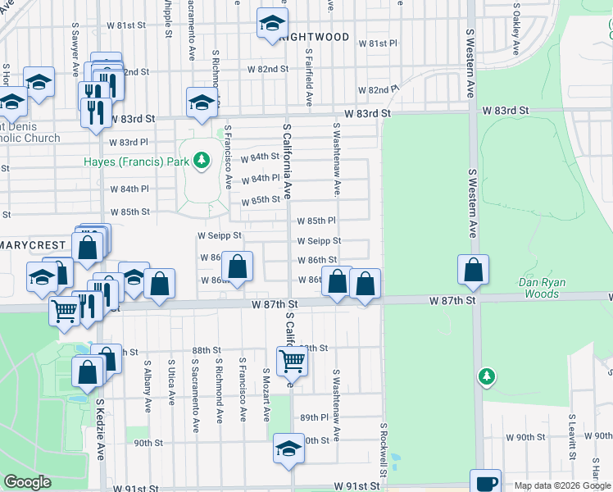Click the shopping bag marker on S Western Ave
474,270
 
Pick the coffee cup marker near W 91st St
485,482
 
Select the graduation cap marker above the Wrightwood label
272,23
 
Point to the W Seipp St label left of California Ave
220,235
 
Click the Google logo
27,482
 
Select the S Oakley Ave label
516,29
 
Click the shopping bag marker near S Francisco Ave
237,267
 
